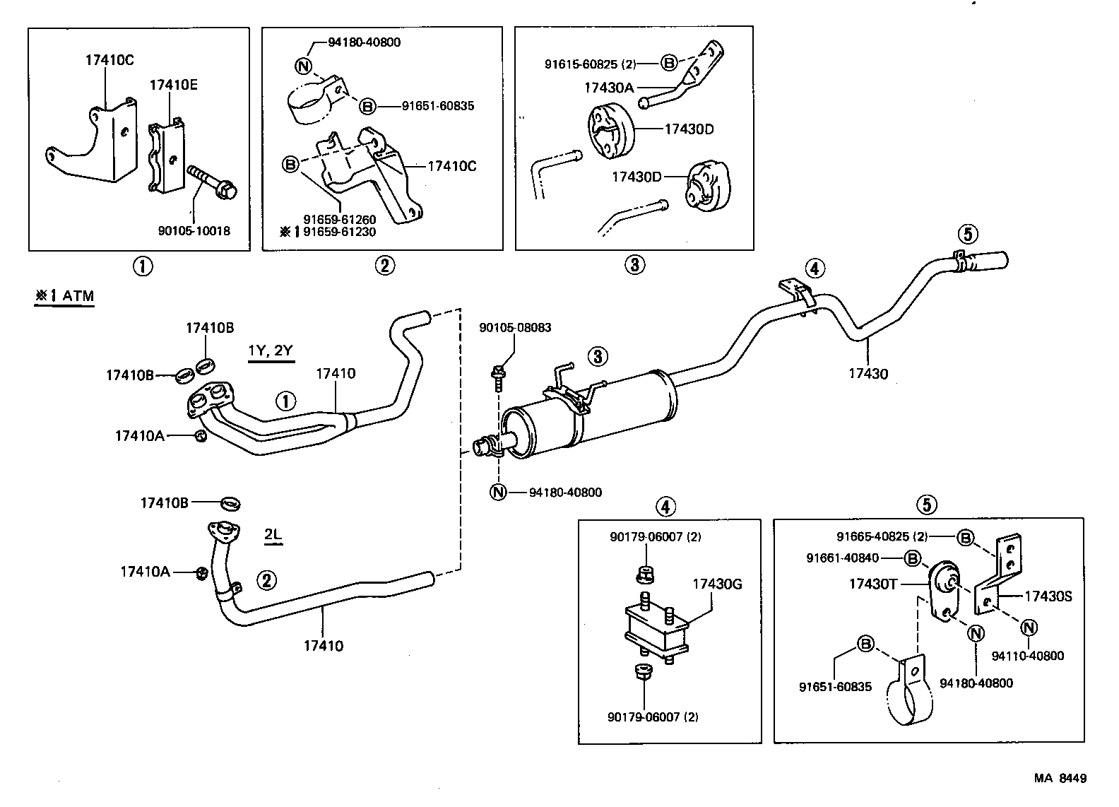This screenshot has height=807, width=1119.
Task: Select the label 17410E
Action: tap(173, 86)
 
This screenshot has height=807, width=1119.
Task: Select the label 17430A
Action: tap(609, 88)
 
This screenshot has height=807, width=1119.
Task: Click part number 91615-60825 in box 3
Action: tap(591, 64)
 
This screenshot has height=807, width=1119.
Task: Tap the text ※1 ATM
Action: tap(64, 295)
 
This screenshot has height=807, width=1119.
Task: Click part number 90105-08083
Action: tap(515, 328)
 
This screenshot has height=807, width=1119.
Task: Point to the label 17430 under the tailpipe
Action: tap(868, 374)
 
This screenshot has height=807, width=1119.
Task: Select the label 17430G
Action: tap(716, 584)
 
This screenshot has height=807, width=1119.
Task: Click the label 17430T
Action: tap(872, 584)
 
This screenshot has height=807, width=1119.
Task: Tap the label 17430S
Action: tap(1048, 596)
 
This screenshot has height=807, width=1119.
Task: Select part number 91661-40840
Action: tap(843, 558)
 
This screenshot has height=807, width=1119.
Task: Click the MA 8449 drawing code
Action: tap(1060, 778)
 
